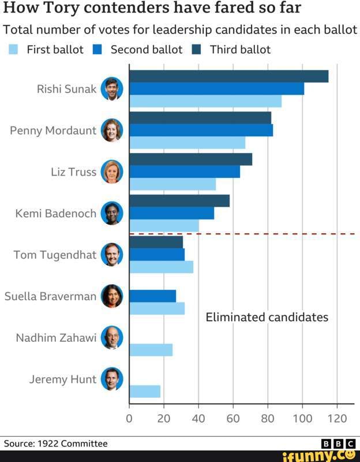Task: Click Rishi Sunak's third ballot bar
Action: point(229,76)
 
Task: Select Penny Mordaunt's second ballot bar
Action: point(201,130)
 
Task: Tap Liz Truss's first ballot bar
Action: point(172,184)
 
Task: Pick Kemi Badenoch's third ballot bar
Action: point(179,201)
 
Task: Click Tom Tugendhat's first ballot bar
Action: point(162,267)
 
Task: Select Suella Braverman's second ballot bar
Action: point(153,296)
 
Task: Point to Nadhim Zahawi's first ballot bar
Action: point(151,350)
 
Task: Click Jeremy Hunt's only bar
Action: point(145,392)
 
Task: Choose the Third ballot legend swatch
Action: point(196,50)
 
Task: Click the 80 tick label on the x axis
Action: point(268,419)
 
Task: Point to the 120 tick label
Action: point(337,419)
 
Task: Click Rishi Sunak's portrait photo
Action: point(112,88)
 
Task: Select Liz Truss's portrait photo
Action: point(112,172)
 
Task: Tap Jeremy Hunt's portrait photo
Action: point(112,379)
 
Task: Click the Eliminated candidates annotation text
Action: point(267,317)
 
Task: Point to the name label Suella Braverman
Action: point(50,296)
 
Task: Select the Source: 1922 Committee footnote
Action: point(56,444)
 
